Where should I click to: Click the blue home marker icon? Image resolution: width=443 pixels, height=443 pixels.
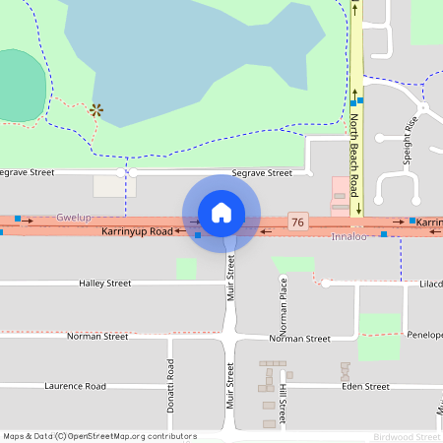[221, 213]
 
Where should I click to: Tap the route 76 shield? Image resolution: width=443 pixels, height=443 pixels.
[297, 223]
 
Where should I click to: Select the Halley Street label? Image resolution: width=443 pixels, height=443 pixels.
[104, 284]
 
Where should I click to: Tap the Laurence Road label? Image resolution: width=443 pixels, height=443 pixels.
[75, 387]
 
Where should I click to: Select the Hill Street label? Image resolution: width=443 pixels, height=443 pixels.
[282, 406]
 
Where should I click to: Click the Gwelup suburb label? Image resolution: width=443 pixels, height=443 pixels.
[73, 217]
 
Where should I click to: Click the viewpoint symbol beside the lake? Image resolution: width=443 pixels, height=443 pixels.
[95, 110]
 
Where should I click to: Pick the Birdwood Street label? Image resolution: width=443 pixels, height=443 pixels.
[407, 436]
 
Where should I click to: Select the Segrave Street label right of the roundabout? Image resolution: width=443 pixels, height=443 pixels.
[262, 173]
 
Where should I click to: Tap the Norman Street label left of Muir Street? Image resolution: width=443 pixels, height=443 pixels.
[97, 337]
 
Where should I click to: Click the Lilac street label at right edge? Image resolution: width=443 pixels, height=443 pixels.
[430, 284]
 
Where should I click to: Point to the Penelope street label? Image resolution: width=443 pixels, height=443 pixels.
[425, 336]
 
